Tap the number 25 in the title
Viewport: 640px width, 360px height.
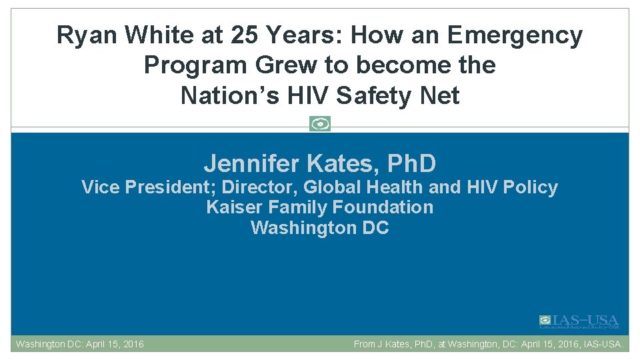pyautogui.click(x=243, y=35)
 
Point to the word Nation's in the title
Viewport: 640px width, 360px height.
pyautogui.click(x=222, y=96)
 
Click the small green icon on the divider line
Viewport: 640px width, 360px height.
pyautogui.click(x=320, y=124)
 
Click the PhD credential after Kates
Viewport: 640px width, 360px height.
pyautogui.click(x=411, y=163)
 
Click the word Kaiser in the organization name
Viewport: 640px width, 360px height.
pyautogui.click(x=231, y=207)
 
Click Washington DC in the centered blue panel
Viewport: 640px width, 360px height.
pyautogui.click(x=320, y=228)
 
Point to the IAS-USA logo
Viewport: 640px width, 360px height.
pyautogui.click(x=579, y=322)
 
